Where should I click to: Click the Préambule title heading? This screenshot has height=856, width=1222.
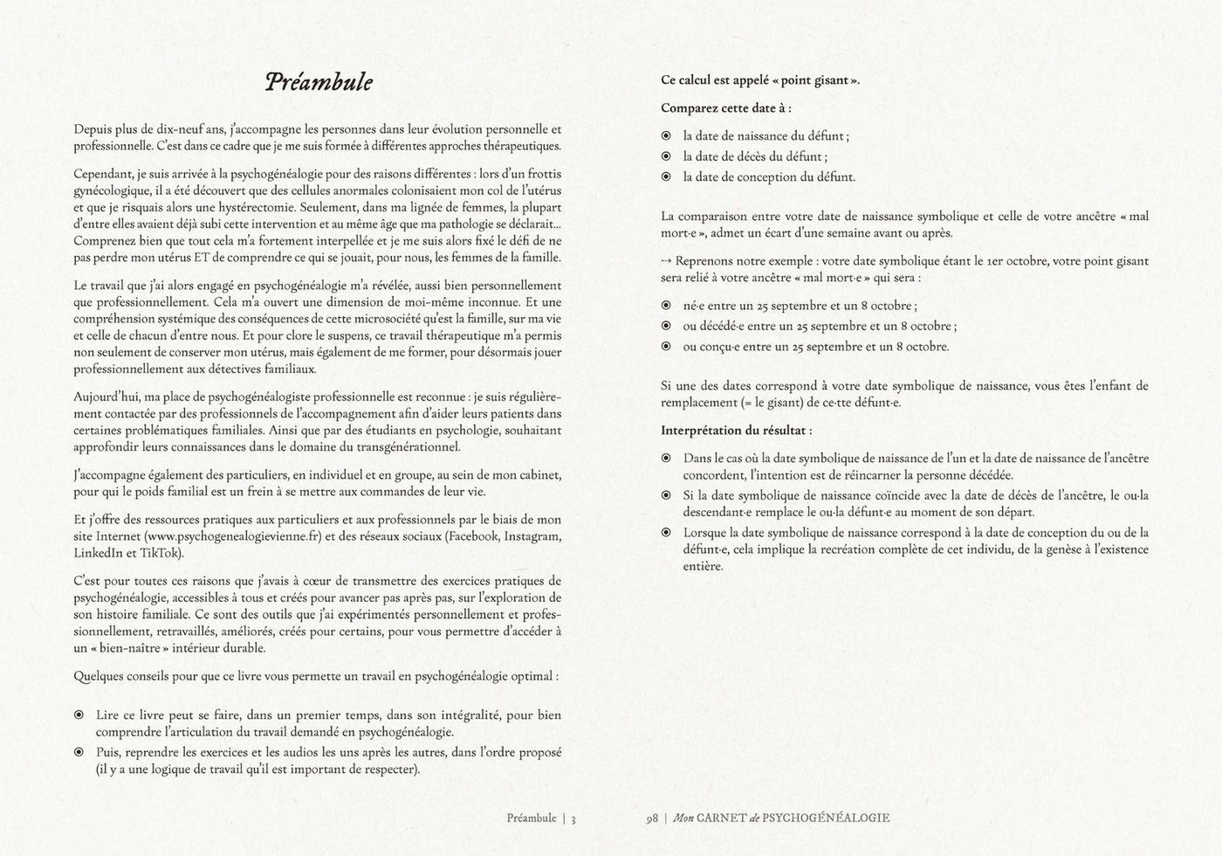pos(319,82)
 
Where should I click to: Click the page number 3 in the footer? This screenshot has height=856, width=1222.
pos(573,818)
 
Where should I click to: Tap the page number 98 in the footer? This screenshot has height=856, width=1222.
pos(652,818)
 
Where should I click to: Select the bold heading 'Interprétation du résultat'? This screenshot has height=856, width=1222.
pos(736,431)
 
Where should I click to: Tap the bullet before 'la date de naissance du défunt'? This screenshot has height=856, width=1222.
pos(666,136)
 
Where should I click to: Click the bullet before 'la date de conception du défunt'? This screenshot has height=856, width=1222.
pos(666,177)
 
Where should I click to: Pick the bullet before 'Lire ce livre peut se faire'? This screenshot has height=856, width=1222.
pos(79,715)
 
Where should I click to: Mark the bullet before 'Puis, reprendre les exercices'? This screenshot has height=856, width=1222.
pos(79,752)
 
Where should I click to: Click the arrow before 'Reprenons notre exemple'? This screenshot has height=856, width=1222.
pos(667,261)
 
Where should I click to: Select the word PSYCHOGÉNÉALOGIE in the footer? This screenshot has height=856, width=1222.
pos(826,818)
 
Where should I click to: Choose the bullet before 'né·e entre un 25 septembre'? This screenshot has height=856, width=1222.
pos(666,306)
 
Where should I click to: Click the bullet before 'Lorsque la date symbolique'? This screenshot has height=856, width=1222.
pos(666,533)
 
